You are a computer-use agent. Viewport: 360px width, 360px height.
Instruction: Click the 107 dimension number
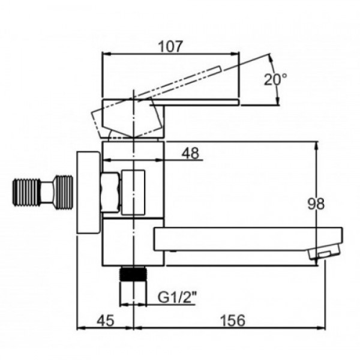[170, 46]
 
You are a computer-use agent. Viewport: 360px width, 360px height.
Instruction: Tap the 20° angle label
[275, 79]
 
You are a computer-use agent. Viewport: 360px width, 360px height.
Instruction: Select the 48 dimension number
[190, 153]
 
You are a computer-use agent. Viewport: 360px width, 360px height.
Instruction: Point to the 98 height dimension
[316, 203]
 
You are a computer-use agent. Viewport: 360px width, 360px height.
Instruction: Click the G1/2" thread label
[177, 298]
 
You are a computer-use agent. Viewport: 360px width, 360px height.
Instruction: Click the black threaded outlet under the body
[133, 274]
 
